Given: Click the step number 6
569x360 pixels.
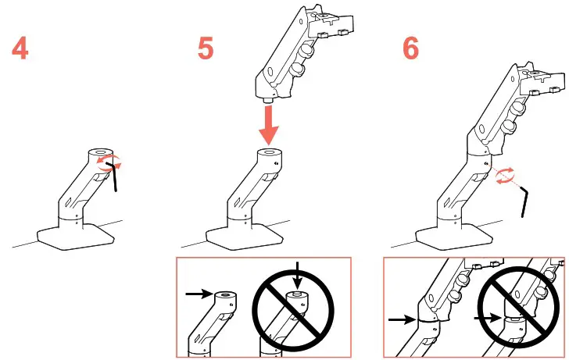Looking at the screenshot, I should point(410,48).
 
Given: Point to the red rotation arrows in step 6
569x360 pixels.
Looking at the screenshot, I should point(505,175).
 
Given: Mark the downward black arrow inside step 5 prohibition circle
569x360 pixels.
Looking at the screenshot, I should point(298,277).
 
